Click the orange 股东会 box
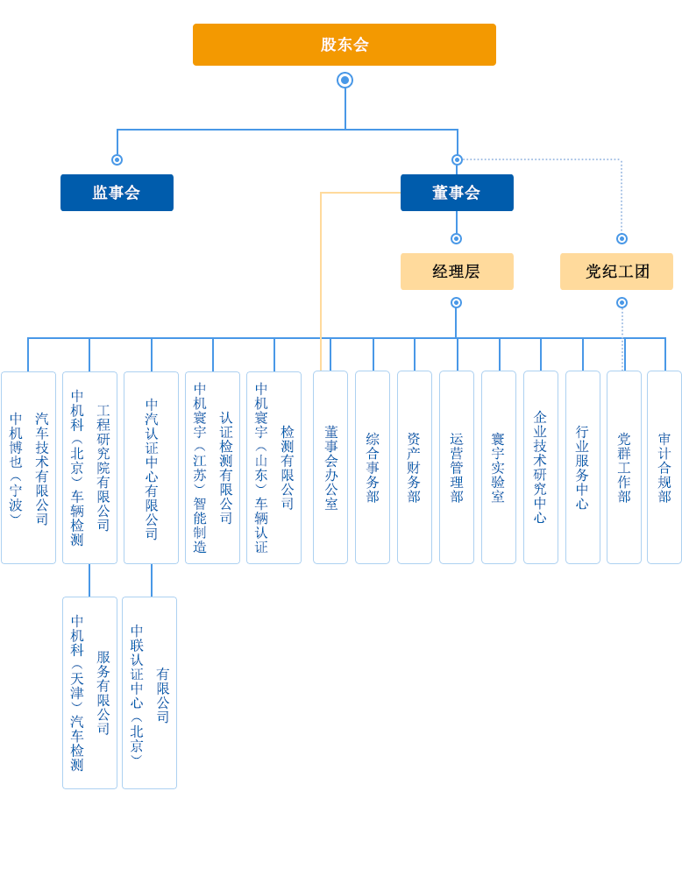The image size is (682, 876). coord(344,44)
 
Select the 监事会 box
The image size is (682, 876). coord(117,193)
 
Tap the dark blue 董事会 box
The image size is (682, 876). coord(456,193)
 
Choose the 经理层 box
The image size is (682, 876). coord(456,272)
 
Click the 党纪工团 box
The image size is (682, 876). coord(616,272)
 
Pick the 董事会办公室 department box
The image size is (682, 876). coord(330,468)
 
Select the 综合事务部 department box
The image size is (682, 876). coord(373,468)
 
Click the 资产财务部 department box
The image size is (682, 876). coord(415,468)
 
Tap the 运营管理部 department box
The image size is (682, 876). coord(457,468)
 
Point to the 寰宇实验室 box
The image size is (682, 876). coord(499,468)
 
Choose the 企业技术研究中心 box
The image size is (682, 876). coord(541,468)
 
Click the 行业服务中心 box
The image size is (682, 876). coord(583,468)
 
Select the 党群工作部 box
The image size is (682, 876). coord(624,468)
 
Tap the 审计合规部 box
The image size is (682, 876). coord(664,468)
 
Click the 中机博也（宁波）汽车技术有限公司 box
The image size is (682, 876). coord(28,468)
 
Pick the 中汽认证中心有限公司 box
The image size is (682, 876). coord(151,468)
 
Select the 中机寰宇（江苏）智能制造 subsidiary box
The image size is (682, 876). coord(212,468)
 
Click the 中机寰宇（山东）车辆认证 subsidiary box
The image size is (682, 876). coord(274,468)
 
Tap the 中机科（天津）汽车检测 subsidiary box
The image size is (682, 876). coord(89,693)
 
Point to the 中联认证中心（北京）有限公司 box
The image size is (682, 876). coord(149,693)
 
